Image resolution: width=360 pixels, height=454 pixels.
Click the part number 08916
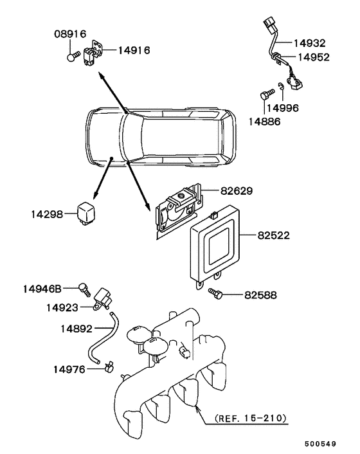pyautogui.click(x=70, y=34)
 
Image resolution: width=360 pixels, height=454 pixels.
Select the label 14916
pyautogui.click(x=134, y=50)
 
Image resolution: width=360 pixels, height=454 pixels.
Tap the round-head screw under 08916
pyautogui.click(x=73, y=56)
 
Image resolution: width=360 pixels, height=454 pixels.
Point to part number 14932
pyautogui.click(x=310, y=43)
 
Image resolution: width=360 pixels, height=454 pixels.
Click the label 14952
pyautogui.click(x=314, y=57)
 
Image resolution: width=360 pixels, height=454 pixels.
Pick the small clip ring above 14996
pyautogui.click(x=280, y=86)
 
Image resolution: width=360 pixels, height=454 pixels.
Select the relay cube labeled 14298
pyautogui.click(x=86, y=215)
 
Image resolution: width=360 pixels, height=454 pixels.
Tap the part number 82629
pyautogui.click(x=237, y=191)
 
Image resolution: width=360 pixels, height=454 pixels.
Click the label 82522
pyautogui.click(x=273, y=235)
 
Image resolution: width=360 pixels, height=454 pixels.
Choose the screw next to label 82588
pyautogui.click(x=215, y=293)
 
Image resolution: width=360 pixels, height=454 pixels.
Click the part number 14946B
pyautogui.click(x=42, y=289)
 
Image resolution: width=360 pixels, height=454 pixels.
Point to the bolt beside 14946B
pyautogui.click(x=84, y=289)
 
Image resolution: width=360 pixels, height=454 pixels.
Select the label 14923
pyautogui.click(x=62, y=307)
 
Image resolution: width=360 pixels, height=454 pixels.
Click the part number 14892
pyautogui.click(x=76, y=329)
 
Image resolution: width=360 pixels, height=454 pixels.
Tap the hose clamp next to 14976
pyautogui.click(x=109, y=367)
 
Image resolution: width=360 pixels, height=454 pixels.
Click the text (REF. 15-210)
pyautogui.click(x=251, y=418)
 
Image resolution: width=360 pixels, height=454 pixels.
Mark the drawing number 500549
pyautogui.click(x=320, y=444)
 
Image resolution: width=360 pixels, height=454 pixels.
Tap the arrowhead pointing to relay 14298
pyautogui.click(x=95, y=195)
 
